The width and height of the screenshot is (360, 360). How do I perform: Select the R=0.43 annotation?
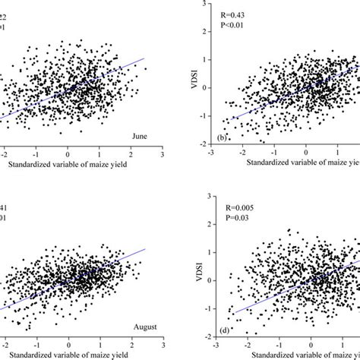pos(232,14)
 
